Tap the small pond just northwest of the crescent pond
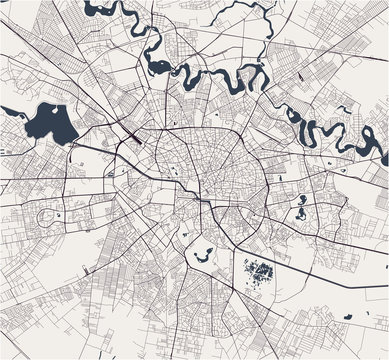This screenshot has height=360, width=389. click(184, 233)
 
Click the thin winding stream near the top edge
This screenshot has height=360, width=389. click(240, 12)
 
